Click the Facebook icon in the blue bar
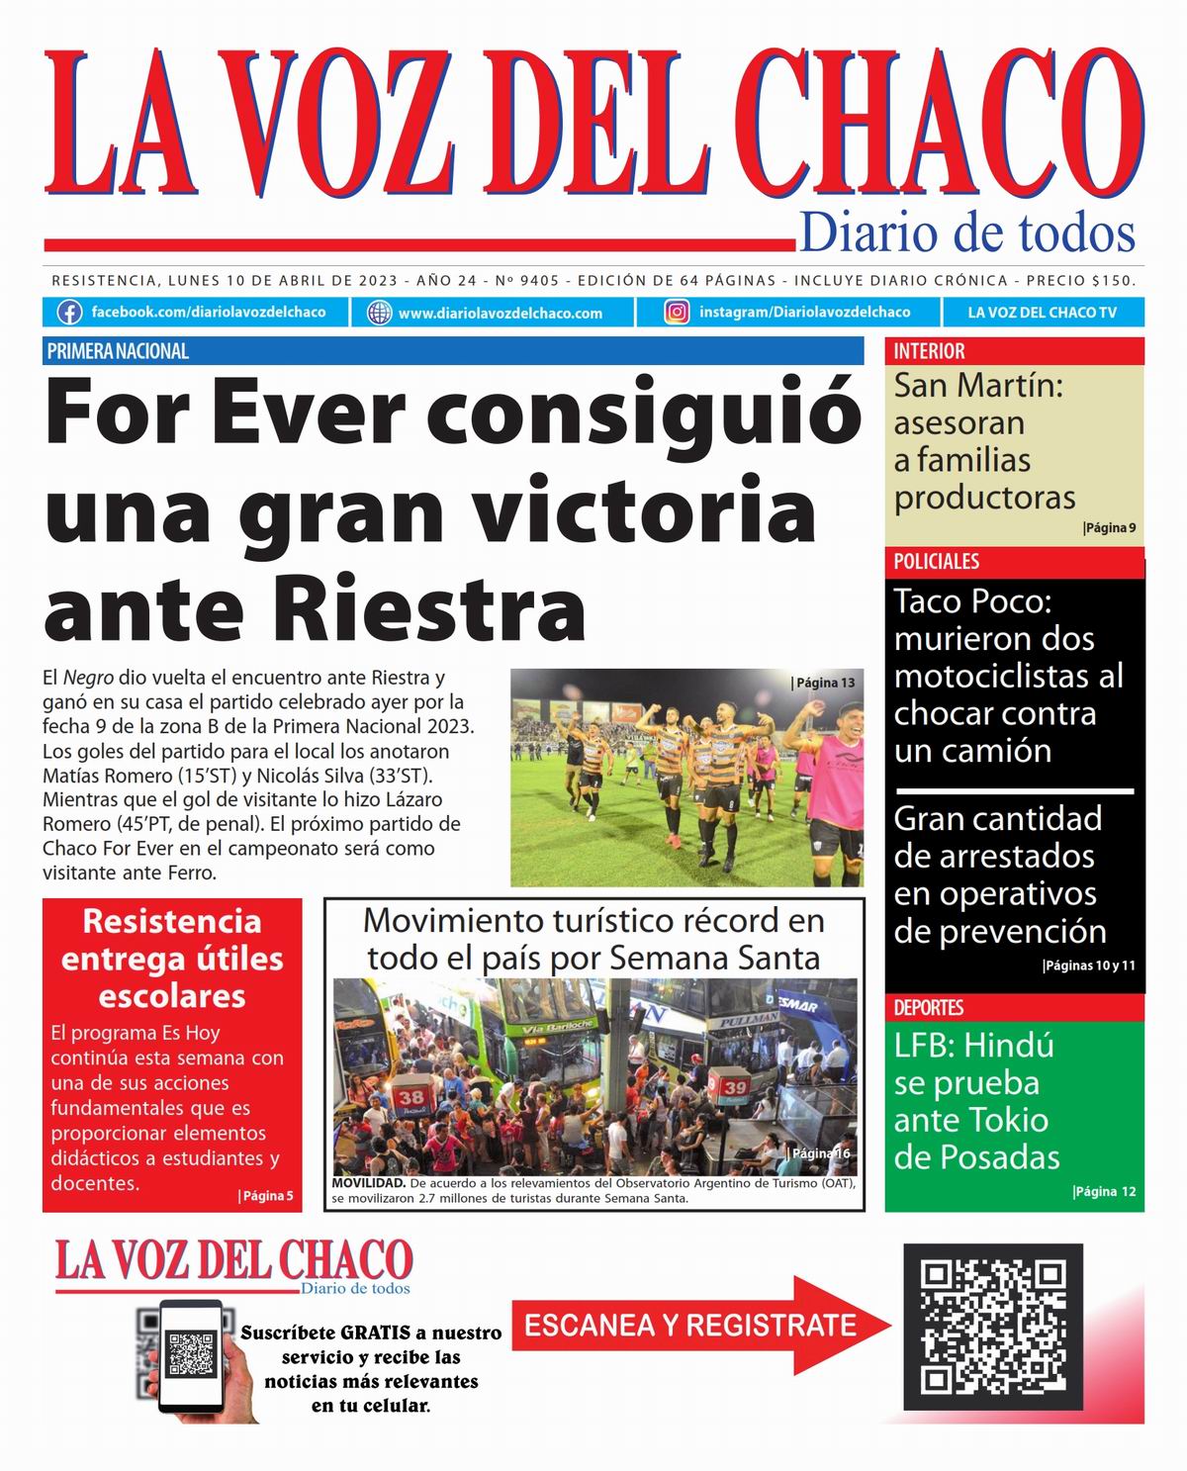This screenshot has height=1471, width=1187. (x=69, y=313)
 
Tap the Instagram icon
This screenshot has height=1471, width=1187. (x=677, y=313)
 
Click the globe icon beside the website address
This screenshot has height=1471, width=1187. (x=379, y=314)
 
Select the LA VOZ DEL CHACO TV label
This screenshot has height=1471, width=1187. (x=1042, y=313)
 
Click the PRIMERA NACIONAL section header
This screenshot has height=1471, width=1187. (x=118, y=351)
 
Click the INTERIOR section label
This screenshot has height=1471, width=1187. (x=929, y=351)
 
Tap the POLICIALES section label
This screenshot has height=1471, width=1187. (x=936, y=562)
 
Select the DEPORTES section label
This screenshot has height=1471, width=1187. (x=928, y=1008)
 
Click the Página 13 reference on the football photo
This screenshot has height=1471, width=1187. (x=824, y=683)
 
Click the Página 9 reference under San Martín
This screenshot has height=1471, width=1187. (x=1110, y=528)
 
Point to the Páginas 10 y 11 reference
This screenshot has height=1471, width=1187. (x=1090, y=966)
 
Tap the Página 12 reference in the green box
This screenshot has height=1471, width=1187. (x=1105, y=1192)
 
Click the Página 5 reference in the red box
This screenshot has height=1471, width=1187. (x=266, y=1196)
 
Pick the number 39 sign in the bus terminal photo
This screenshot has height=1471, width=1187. (x=734, y=1087)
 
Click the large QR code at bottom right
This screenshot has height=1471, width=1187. (x=993, y=1327)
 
